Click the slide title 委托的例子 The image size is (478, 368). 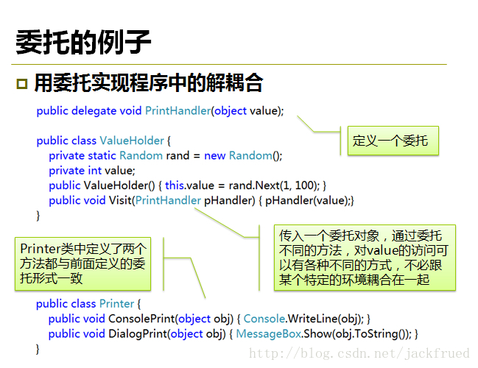point(83,42)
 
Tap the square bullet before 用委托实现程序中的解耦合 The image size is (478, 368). point(22,84)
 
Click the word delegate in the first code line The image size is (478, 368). point(94,111)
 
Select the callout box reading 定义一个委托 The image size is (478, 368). point(393,141)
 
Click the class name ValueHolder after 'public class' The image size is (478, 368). point(132,141)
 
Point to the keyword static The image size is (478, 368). point(102,155)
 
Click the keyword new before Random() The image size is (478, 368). point(214,156)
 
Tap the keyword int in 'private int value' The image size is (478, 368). point(91,170)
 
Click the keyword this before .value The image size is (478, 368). point(175,185)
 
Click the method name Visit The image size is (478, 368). point(120,200)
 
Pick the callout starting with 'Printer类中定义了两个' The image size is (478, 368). point(83,263)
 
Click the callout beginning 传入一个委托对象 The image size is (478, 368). point(365,258)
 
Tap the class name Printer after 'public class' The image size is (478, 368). point(116,304)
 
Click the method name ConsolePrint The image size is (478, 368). point(141,319)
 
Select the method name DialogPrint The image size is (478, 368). point(138,333)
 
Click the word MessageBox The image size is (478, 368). point(269,333)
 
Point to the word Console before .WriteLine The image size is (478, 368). point(264,319)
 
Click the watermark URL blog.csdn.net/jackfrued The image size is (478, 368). point(359,353)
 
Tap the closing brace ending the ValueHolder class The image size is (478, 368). point(38,216)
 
